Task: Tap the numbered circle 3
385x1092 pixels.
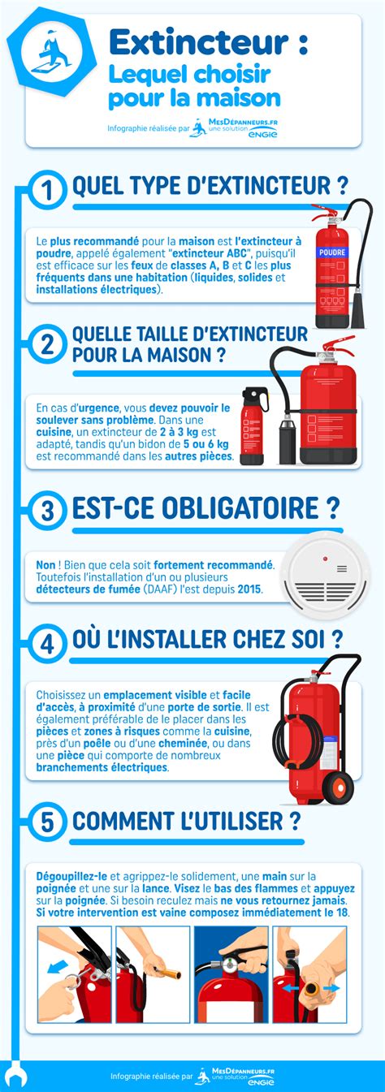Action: pyautogui.click(x=47, y=510)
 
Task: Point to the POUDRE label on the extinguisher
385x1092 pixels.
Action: pyautogui.click(x=331, y=252)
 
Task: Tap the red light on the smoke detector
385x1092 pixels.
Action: pyautogui.click(x=325, y=559)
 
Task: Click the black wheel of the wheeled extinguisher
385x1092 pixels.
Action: pyautogui.click(x=337, y=786)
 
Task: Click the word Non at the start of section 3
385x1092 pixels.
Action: pyautogui.click(x=47, y=564)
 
